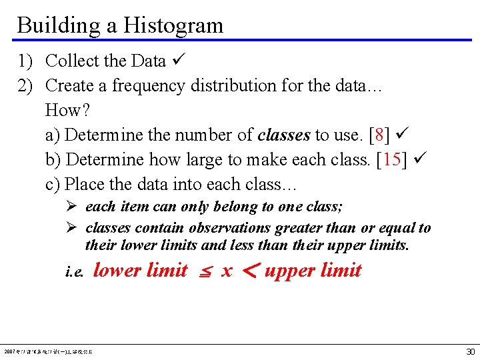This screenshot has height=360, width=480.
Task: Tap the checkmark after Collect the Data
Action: click(x=178, y=61)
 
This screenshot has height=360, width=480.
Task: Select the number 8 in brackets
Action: click(x=379, y=135)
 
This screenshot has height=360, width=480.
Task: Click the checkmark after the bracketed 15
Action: click(x=421, y=159)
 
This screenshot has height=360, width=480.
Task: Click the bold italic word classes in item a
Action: click(x=284, y=135)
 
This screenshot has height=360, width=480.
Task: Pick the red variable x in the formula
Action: click(x=227, y=271)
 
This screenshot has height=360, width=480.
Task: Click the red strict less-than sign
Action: click(x=249, y=271)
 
